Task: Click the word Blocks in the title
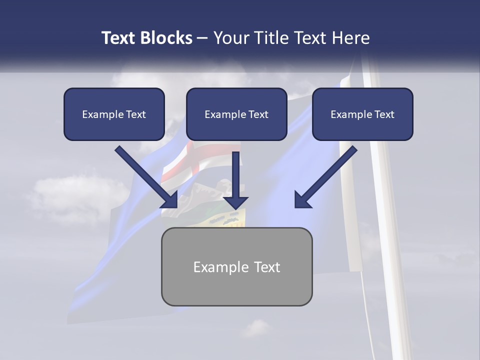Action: pyautogui.click(x=166, y=37)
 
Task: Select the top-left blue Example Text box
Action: pyautogui.click(x=114, y=114)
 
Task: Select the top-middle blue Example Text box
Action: pyautogui.click(x=236, y=114)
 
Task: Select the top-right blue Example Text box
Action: pyautogui.click(x=362, y=114)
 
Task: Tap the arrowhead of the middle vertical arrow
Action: pyautogui.click(x=235, y=202)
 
